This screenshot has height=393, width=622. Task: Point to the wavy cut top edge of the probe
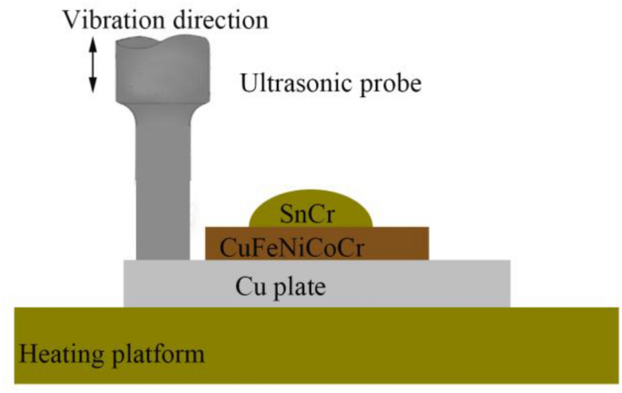point(163,43)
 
